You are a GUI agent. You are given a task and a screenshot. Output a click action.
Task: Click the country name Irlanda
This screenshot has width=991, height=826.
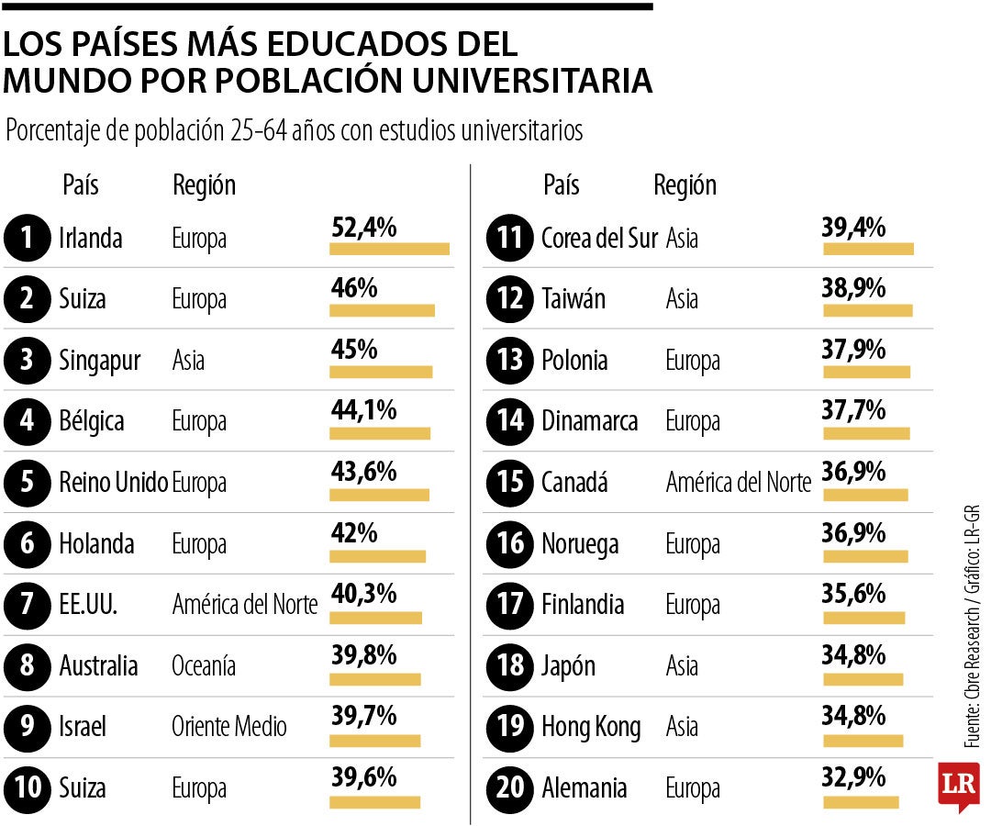pos(90,239)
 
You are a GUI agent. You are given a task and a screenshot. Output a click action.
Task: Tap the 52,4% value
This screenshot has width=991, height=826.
pos(363,229)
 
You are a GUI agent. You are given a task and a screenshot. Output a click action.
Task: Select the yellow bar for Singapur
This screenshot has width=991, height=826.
pos(381,372)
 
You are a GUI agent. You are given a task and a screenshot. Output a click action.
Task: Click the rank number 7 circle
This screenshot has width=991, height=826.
pos(27,605)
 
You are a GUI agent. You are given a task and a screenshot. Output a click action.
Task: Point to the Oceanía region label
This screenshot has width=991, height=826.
pos(204,665)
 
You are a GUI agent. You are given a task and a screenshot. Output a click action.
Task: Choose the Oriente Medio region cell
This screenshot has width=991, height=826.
pos(229,727)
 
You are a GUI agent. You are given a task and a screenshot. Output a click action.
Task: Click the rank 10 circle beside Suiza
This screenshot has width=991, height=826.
pos(27,788)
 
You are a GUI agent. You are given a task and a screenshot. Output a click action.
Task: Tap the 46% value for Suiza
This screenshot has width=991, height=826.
pos(353,289)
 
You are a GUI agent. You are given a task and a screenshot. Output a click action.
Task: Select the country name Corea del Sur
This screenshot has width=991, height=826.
pos(599,239)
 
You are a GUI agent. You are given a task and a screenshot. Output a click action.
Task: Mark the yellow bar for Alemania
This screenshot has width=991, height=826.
pos(861,802)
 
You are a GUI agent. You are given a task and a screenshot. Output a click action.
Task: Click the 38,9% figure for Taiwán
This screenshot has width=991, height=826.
pos(853,289)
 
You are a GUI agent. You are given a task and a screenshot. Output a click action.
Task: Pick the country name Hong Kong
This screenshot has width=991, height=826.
pos(591,727)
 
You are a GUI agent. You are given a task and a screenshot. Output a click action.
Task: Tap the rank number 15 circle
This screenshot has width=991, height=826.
pos(508,483)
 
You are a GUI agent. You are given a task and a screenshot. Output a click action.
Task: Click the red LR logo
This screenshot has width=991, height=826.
pos(958,786)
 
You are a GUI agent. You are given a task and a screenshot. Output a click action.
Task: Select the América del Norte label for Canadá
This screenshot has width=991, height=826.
pos(739,483)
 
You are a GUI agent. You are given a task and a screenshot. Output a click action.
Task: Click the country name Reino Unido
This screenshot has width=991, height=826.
pos(113,483)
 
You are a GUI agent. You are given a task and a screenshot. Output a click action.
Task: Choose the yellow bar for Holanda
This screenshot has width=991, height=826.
pos(377,555)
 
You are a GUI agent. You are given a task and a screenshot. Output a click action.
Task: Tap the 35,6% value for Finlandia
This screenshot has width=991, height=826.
pos(853,595)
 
